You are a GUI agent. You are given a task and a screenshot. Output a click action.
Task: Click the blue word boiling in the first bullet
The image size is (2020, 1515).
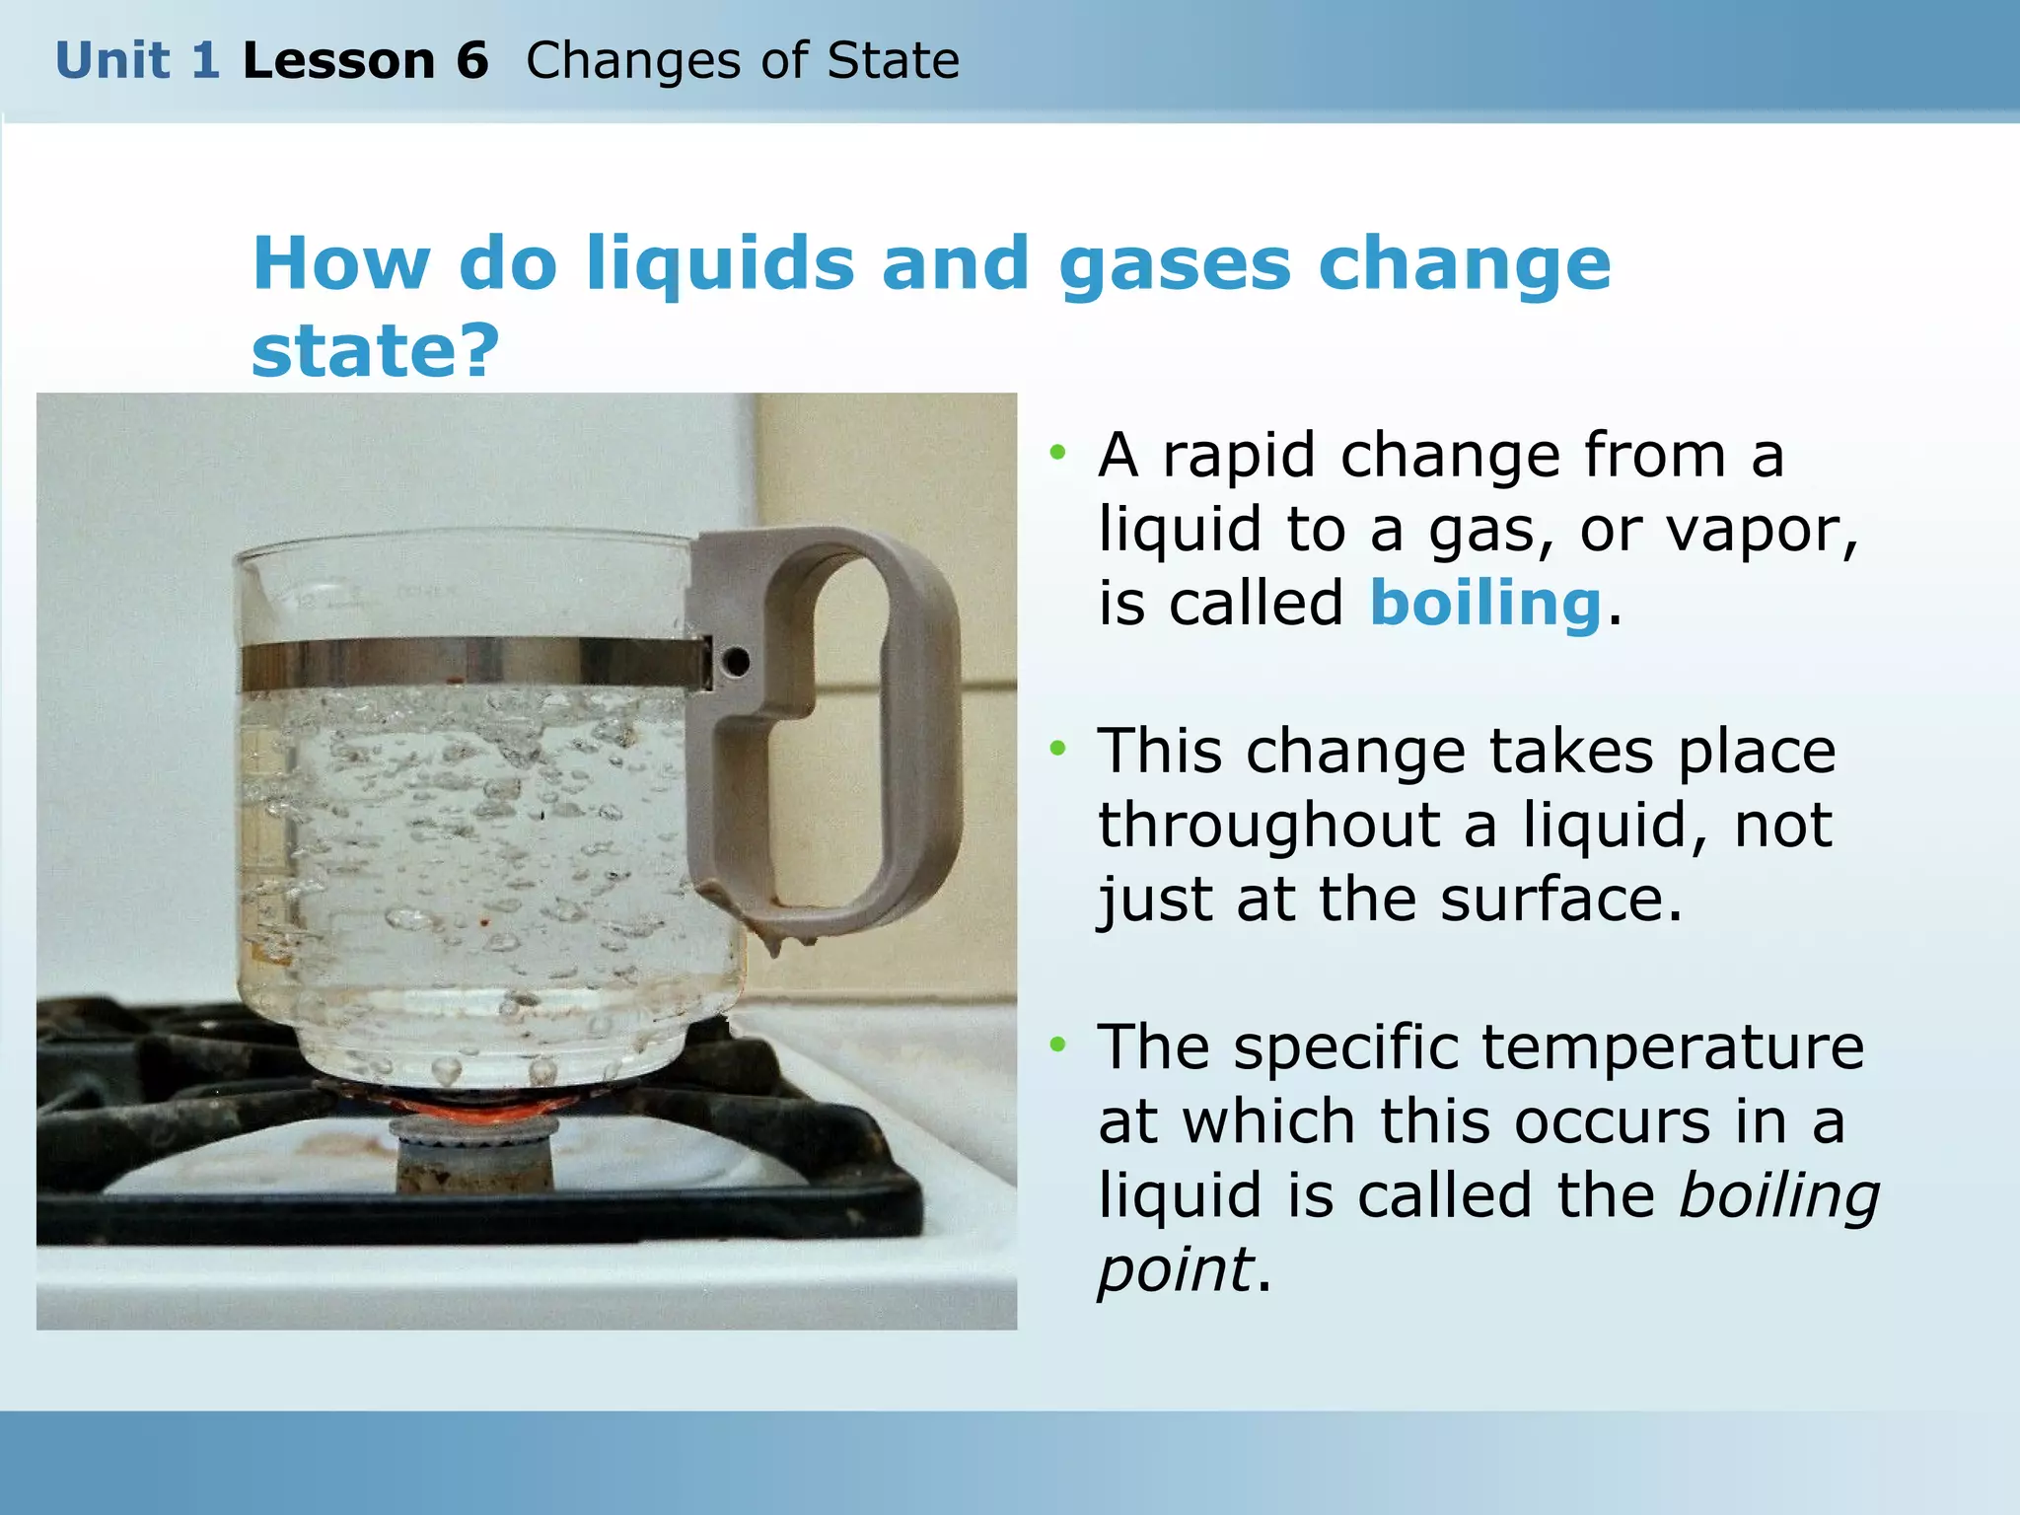pyautogui.click(x=1485, y=604)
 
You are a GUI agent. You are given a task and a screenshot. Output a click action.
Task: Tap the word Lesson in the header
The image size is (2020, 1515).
pyautogui.click(x=338, y=61)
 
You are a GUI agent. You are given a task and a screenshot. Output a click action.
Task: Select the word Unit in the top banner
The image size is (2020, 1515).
pyautogui.click(x=112, y=61)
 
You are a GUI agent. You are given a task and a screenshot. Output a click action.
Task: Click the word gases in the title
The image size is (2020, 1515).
pyautogui.click(x=1174, y=264)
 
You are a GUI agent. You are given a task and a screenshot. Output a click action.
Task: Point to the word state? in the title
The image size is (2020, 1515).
pyautogui.click(x=376, y=351)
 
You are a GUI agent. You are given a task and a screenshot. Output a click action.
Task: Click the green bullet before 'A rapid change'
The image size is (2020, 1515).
pyautogui.click(x=1058, y=453)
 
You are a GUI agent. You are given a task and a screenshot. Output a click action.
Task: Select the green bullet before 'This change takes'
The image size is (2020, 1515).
pyautogui.click(x=1058, y=749)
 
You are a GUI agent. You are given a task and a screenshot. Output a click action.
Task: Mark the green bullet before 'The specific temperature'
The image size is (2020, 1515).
pyautogui.click(x=1058, y=1045)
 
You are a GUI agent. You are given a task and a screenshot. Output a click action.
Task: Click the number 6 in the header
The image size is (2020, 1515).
pyautogui.click(x=472, y=61)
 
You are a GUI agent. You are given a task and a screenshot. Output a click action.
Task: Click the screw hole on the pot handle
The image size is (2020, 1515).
pyautogui.click(x=735, y=662)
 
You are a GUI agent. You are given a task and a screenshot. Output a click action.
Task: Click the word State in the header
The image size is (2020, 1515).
pyautogui.click(x=894, y=61)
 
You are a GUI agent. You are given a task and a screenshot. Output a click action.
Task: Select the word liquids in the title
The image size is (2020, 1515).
pyautogui.click(x=720, y=264)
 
